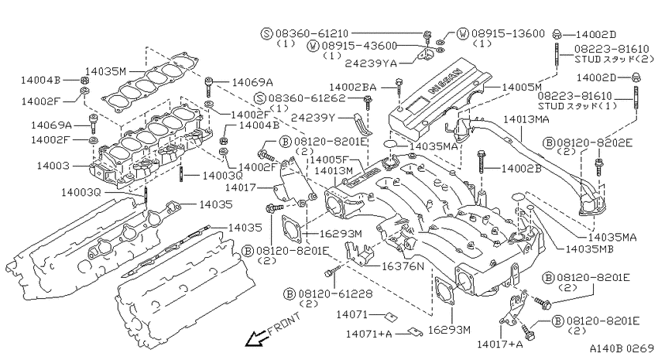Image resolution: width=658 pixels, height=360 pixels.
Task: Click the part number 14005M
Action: pyautogui.click(x=522, y=87)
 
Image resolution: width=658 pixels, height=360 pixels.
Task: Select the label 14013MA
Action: pyautogui.click(x=526, y=119)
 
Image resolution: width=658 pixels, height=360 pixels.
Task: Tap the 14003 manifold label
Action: pyautogui.click(x=53, y=166)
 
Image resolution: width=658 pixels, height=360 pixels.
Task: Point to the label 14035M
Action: pyautogui.click(x=106, y=72)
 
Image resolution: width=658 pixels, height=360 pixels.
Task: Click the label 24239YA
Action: pyautogui.click(x=371, y=63)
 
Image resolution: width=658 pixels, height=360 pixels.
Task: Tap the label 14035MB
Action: pyautogui.click(x=590, y=249)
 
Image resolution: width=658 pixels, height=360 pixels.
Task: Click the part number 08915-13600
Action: pyautogui.click(x=508, y=33)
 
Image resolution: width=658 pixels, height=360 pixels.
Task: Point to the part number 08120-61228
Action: pyautogui.click(x=335, y=293)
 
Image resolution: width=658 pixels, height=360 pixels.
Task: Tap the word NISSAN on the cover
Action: pyautogui.click(x=446, y=81)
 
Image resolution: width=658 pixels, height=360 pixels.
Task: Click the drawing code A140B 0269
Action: pyautogui.click(x=622, y=348)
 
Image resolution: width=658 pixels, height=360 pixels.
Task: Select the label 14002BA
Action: pyautogui.click(x=352, y=87)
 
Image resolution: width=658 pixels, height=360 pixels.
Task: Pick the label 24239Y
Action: pyautogui.click(x=314, y=118)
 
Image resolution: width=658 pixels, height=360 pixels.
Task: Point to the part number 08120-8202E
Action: pyautogui.click(x=595, y=143)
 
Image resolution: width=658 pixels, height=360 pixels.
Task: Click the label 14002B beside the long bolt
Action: pyautogui.click(x=521, y=169)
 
